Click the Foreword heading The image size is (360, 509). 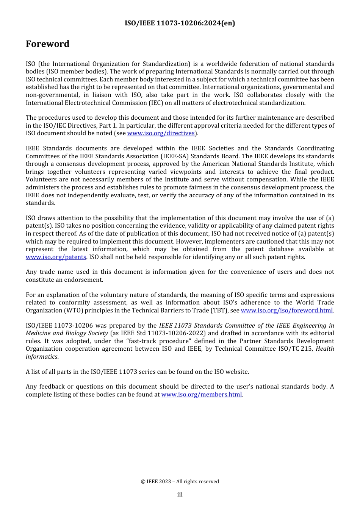tap(48, 44)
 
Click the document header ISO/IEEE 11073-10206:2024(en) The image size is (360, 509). tap(180, 23)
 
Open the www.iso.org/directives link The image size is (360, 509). tap(161, 133)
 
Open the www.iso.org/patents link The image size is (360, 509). tap(56, 257)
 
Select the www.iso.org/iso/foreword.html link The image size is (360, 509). tap(286, 311)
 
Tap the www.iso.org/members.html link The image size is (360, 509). tap(201, 395)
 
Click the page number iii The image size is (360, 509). tap(180, 495)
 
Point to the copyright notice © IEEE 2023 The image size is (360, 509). tap(180, 482)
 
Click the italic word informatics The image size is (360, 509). tap(42, 357)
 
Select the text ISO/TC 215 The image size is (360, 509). tap(294, 349)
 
